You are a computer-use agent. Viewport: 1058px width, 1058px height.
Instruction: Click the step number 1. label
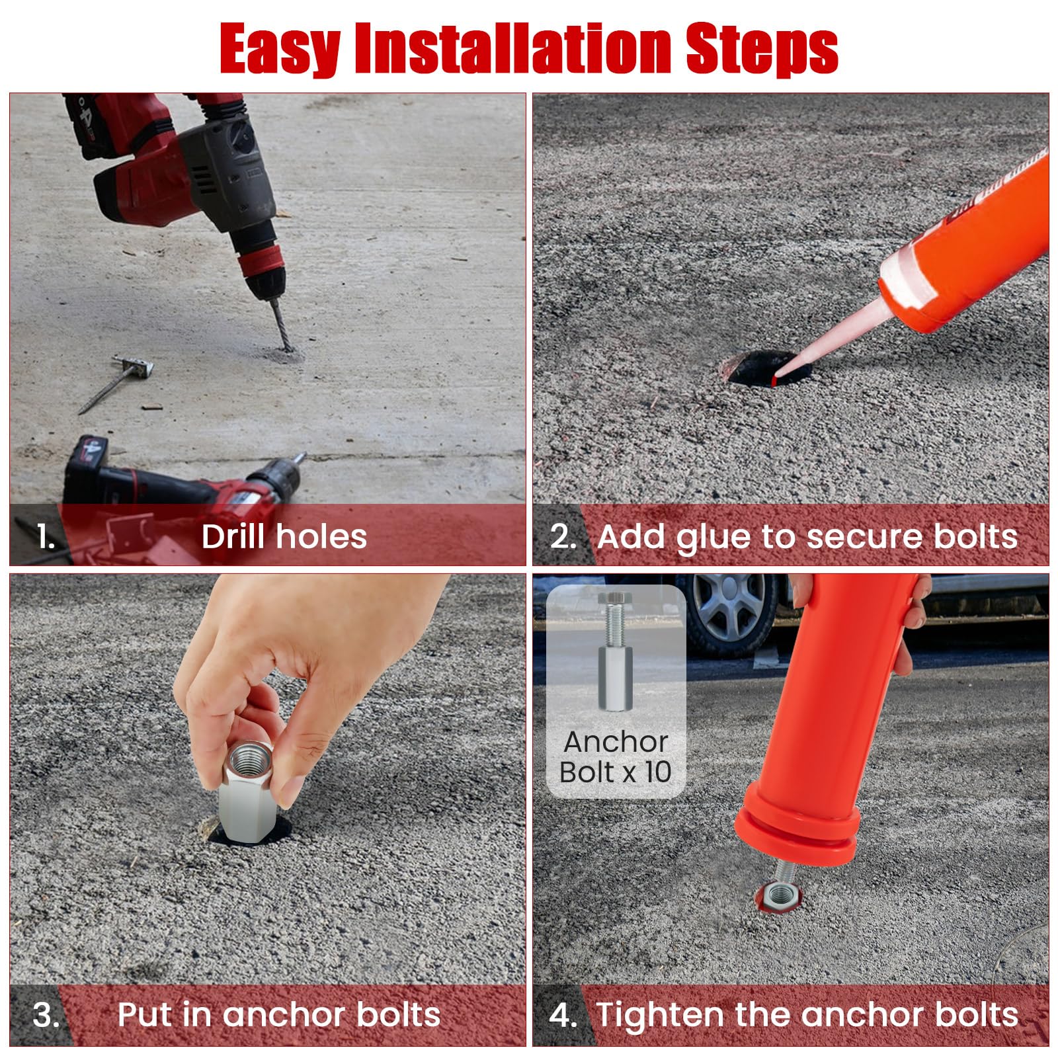point(46,536)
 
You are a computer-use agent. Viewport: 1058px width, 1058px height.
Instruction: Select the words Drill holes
point(284,536)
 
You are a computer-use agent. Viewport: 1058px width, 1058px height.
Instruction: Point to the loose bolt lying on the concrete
point(116,383)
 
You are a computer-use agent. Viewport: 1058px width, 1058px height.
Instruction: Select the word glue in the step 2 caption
point(715,537)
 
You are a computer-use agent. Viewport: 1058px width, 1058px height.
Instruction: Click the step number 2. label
point(563,536)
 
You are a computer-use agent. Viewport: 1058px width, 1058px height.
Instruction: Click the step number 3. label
point(46,1015)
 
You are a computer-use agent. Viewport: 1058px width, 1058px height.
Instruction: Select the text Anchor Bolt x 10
point(616,756)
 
